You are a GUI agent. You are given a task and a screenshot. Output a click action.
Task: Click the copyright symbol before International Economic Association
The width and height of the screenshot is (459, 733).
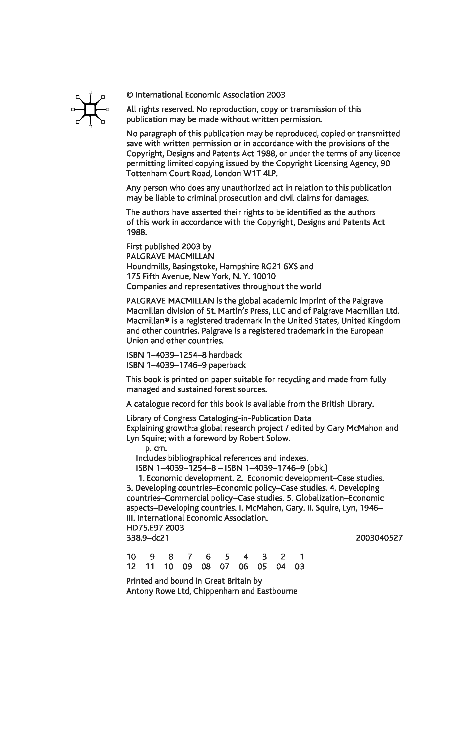130,95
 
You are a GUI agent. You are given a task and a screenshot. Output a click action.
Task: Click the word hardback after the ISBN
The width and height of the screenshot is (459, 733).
225,355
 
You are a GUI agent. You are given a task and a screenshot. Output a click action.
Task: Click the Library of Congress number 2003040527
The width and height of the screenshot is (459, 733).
379,538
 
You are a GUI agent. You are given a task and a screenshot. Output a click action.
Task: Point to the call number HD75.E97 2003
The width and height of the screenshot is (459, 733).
155,528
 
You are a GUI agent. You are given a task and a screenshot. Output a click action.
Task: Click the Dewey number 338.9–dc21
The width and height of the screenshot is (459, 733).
148,538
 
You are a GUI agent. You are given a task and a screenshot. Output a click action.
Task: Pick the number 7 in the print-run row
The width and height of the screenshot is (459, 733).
190,557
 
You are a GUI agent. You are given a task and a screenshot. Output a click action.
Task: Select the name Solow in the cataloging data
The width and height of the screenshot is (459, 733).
280,438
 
